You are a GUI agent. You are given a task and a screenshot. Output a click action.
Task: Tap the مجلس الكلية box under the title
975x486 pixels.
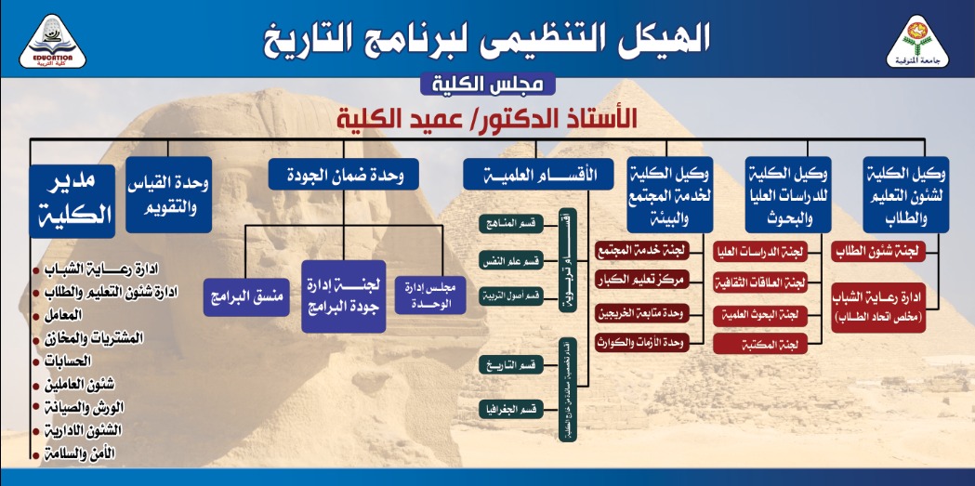[487, 85]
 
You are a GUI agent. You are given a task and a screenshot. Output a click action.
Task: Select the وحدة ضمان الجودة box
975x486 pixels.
[343, 174]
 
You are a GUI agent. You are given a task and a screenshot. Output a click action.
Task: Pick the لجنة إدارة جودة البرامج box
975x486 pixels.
[343, 296]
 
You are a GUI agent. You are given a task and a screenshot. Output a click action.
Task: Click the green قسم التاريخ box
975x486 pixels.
[512, 365]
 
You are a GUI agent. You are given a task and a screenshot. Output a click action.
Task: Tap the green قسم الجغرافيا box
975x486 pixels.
[512, 409]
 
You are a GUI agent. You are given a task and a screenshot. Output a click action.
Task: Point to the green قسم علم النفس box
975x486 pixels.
[512, 260]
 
